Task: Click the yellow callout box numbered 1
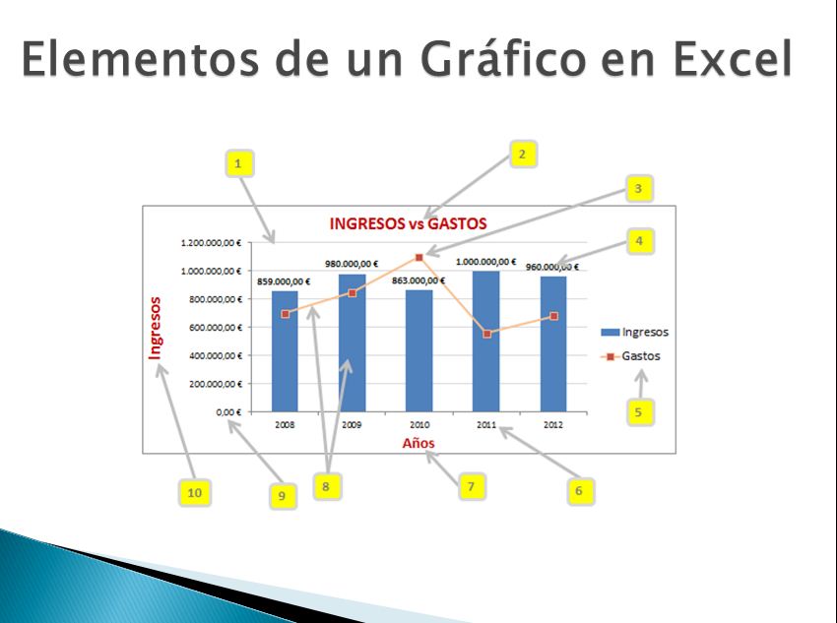237,162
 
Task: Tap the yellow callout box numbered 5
638,411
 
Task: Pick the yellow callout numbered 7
472,486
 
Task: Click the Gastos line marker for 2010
419,257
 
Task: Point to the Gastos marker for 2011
486,334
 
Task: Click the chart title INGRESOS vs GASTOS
408,223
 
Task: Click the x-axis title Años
418,443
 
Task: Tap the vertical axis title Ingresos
155,328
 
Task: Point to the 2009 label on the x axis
352,425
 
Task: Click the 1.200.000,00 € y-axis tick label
210,242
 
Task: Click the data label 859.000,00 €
285,281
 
